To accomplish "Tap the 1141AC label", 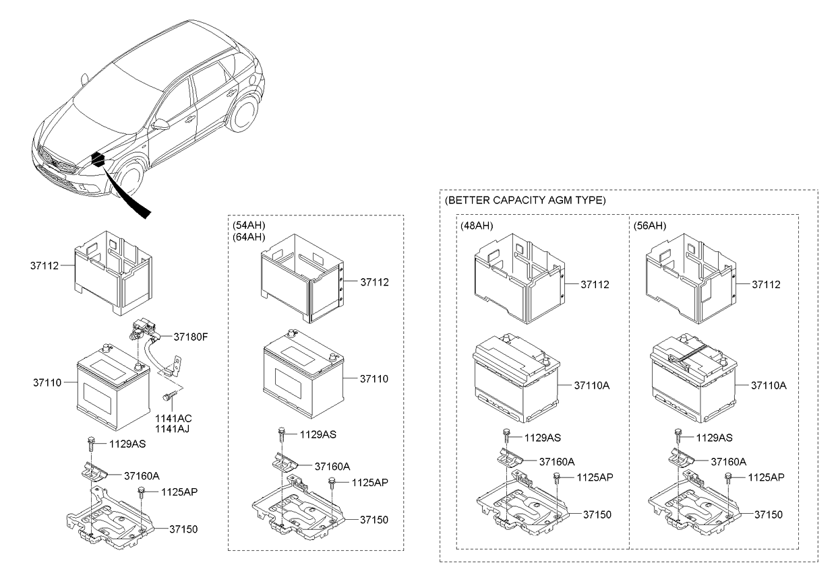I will point(173,418).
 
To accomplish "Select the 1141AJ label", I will point(173,428).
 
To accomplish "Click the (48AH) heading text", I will point(477,226).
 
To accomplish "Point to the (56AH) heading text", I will point(650,226).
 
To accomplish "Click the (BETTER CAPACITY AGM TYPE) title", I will point(525,201).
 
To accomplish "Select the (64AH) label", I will point(248,237).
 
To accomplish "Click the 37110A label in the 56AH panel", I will point(769,385).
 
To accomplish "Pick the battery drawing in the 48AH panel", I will point(516,377).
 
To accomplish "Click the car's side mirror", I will point(160,125).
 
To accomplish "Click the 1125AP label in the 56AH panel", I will point(767,477).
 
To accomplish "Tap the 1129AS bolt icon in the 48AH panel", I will point(506,436).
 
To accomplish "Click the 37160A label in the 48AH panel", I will point(556,462).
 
